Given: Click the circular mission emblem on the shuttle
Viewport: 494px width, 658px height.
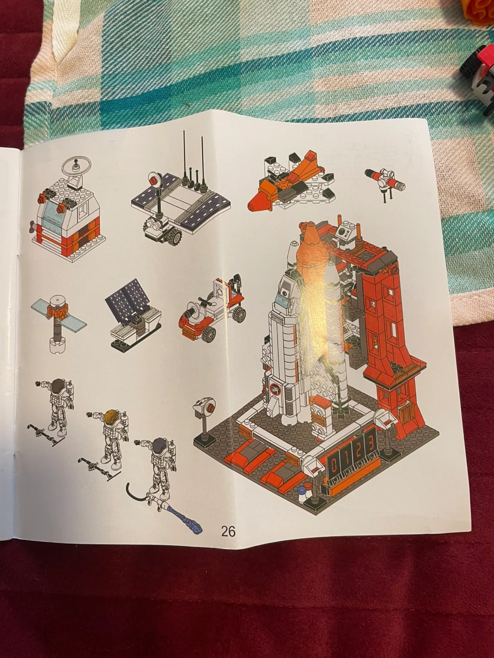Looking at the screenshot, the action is point(274,389).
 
